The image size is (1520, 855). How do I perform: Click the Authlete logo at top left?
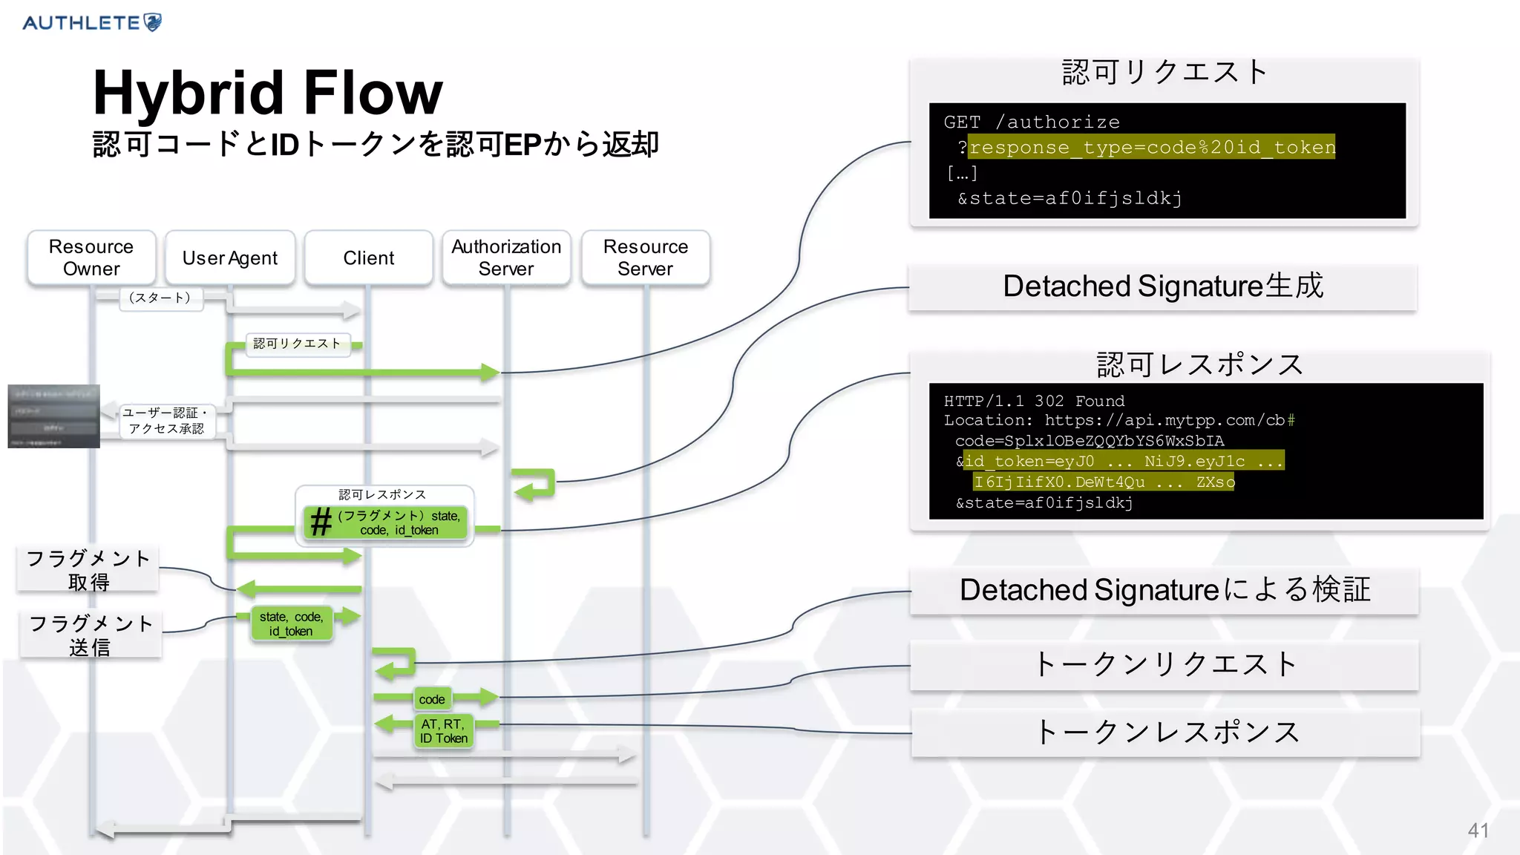pyautogui.click(x=92, y=22)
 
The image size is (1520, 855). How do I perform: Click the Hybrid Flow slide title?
pyautogui.click(x=267, y=93)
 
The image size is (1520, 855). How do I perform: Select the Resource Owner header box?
pyautogui.click(x=91, y=258)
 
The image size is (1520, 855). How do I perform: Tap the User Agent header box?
pyautogui.click(x=230, y=258)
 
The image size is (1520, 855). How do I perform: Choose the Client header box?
pyautogui.click(x=369, y=258)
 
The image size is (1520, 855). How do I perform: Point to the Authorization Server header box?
pyautogui.click(x=506, y=258)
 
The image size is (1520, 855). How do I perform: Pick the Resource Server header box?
pyautogui.click(x=646, y=258)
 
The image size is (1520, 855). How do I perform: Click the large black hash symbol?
pyautogui.click(x=321, y=522)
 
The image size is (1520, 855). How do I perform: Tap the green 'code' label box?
pyautogui.click(x=432, y=699)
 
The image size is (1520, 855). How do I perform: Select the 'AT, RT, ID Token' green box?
pyautogui.click(x=443, y=731)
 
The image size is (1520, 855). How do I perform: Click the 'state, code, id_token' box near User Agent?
pyautogui.click(x=291, y=623)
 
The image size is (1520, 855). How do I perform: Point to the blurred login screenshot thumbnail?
pyautogui.click(x=53, y=416)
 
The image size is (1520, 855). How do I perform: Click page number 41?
pyautogui.click(x=1478, y=831)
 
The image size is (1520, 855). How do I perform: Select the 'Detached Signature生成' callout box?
pyautogui.click(x=1163, y=286)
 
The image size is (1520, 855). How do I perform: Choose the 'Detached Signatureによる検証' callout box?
pyautogui.click(x=1164, y=590)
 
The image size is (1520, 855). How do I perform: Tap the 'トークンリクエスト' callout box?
pyautogui.click(x=1164, y=664)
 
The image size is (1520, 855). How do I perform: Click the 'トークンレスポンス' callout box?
pyautogui.click(x=1166, y=733)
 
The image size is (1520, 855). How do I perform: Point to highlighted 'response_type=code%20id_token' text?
pyautogui.click(x=1152, y=147)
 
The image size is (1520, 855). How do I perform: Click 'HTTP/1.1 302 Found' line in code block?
pyautogui.click(x=1034, y=401)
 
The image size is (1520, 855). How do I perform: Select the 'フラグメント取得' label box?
pyautogui.click(x=88, y=569)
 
